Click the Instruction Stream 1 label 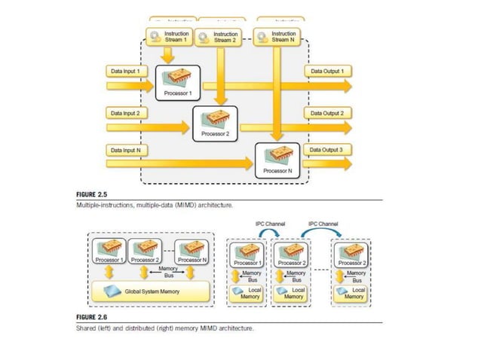coord(176,37)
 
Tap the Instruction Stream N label coord(283,37)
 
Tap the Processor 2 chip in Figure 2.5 coord(215,117)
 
